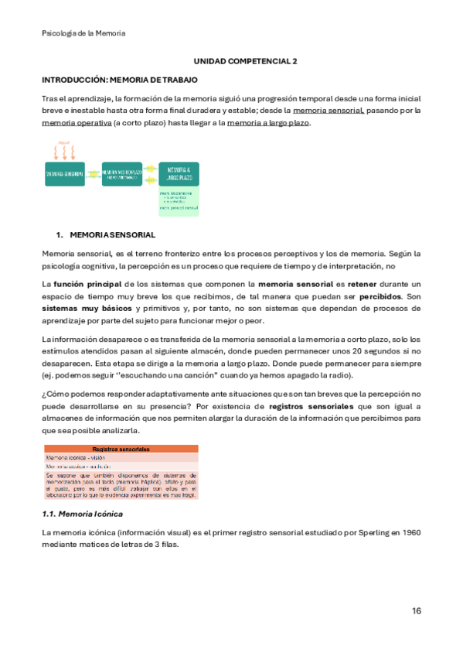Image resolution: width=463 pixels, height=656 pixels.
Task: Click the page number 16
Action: tap(417, 611)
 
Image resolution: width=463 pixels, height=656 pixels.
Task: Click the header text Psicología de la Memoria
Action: tap(83, 33)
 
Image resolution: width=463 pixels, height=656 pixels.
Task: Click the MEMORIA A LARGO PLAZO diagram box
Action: tap(179, 174)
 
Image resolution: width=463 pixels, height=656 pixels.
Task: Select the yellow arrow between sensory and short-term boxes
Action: tap(93, 174)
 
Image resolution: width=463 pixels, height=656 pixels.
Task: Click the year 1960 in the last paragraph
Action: tap(409, 533)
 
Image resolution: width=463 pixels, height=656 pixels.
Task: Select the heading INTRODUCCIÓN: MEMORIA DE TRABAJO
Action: tap(119, 80)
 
